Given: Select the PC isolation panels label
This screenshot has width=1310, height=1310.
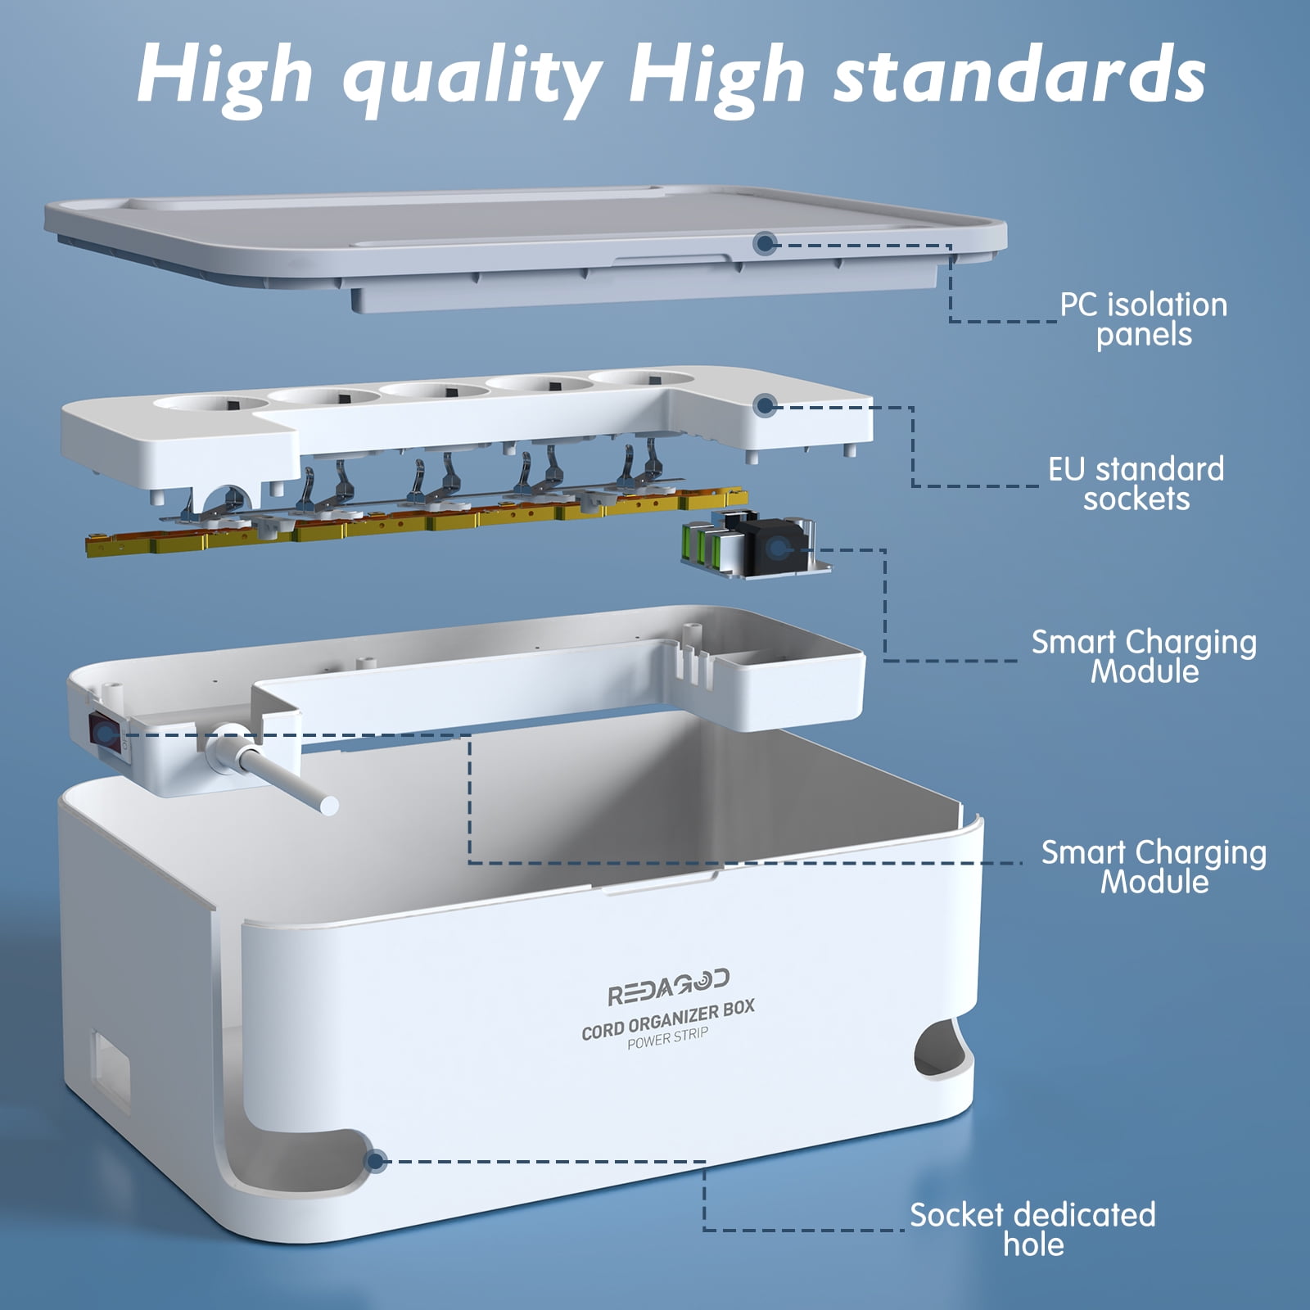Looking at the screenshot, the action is pyautogui.click(x=1144, y=319).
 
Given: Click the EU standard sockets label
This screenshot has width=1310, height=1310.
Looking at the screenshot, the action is pyautogui.click(x=1136, y=484).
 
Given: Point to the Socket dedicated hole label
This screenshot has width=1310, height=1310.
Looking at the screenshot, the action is pyautogui.click(x=1032, y=1229).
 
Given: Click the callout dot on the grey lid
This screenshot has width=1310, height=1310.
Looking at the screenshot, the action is pyautogui.click(x=765, y=242).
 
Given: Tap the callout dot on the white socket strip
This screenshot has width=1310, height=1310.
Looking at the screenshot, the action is pyautogui.click(x=765, y=404).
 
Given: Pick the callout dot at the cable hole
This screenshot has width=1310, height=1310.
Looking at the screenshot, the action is pyautogui.click(x=376, y=1160).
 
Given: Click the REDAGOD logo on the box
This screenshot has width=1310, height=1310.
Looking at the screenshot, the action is pyautogui.click(x=668, y=987).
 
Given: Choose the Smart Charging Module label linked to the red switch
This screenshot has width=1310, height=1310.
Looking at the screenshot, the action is pyautogui.click(x=1154, y=867).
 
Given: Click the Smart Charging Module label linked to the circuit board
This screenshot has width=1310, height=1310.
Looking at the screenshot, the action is pyautogui.click(x=1144, y=657).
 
